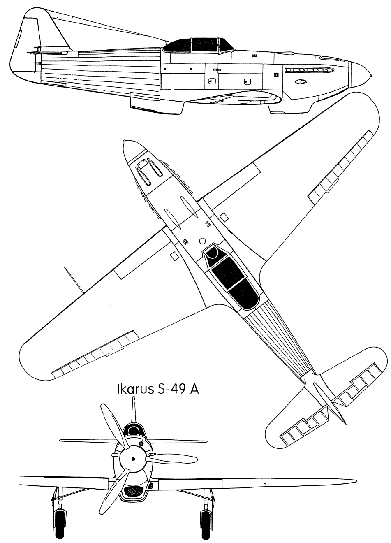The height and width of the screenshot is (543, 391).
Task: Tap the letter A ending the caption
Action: click(x=194, y=390)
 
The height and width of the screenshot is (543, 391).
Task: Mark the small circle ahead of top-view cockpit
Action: click(x=202, y=241)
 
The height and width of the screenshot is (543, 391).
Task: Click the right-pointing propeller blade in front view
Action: click(x=172, y=459)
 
